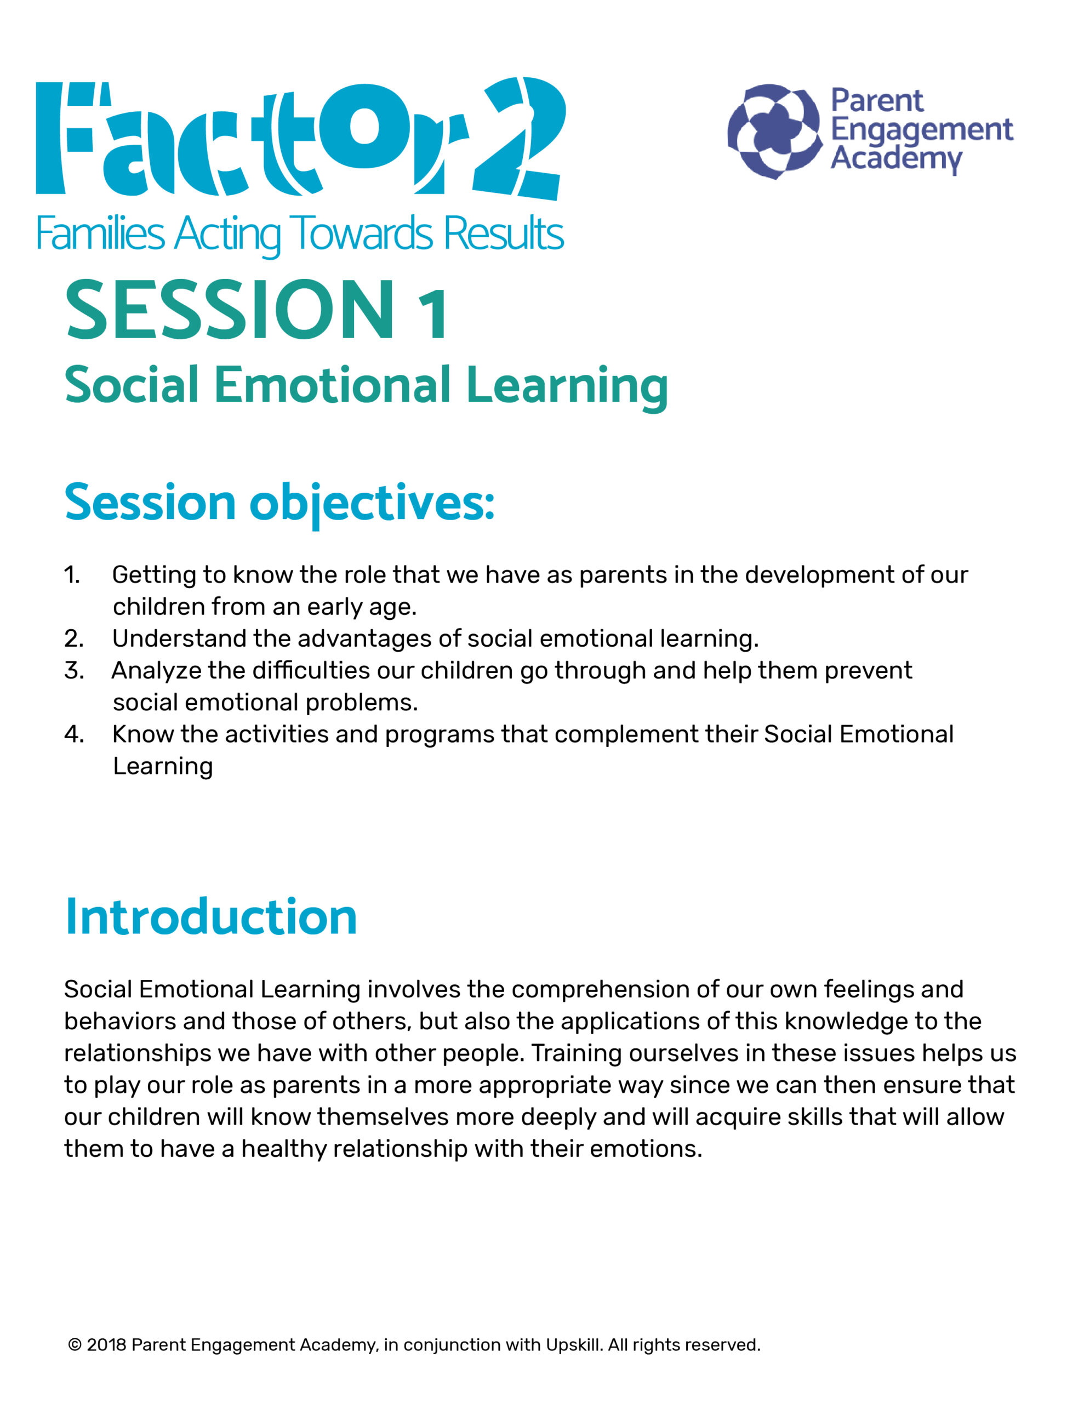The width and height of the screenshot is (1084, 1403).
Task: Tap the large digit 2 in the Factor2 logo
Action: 519,138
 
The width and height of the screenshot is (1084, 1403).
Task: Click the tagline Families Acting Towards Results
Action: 299,235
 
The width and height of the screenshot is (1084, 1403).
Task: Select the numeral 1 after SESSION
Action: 432,313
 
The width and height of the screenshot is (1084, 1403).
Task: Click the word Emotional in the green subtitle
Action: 332,385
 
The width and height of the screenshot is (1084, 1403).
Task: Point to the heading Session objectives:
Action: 279,503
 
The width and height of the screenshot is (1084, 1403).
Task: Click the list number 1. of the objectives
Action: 72,575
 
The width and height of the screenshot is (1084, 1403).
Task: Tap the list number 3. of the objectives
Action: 74,671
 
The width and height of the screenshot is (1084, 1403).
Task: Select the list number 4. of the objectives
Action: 74,734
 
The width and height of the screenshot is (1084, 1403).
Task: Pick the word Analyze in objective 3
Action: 156,671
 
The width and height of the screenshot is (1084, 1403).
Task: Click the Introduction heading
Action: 211,917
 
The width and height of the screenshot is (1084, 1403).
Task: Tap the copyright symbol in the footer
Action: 75,1345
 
